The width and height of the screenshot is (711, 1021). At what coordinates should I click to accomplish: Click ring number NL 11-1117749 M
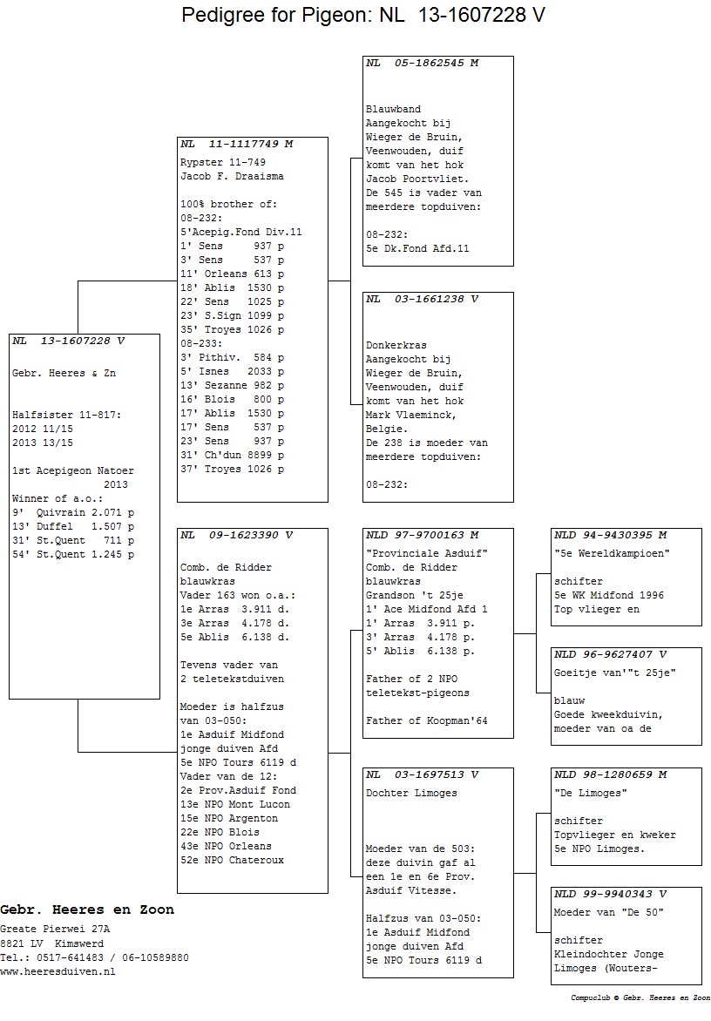[x=236, y=144]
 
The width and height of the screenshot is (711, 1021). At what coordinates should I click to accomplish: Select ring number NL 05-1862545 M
[x=422, y=64]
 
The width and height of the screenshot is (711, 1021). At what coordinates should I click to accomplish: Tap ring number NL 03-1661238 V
[x=422, y=299]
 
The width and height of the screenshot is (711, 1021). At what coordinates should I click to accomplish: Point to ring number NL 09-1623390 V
[x=236, y=535]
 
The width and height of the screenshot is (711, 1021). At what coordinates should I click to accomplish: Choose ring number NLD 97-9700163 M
[x=422, y=535]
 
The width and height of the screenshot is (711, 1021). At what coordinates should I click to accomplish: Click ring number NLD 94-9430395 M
[x=610, y=535]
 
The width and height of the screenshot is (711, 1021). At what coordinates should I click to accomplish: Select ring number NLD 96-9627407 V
[x=610, y=654]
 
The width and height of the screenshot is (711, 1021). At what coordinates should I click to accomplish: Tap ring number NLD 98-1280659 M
[x=610, y=774]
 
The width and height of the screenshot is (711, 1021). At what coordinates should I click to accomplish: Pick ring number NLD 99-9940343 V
[x=610, y=894]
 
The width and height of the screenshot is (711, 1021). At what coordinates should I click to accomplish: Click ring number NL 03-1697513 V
[x=422, y=774]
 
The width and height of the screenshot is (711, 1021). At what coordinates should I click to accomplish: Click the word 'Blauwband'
[x=393, y=110]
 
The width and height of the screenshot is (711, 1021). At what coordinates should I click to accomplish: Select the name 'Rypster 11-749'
[x=222, y=162]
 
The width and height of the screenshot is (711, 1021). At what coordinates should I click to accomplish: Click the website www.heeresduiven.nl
[x=58, y=971]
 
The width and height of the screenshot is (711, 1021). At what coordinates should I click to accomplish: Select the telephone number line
[x=94, y=957]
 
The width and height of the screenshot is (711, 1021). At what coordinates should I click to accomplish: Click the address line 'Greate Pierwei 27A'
[x=51, y=930]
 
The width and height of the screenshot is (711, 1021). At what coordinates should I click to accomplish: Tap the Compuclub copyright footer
[x=640, y=998]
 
